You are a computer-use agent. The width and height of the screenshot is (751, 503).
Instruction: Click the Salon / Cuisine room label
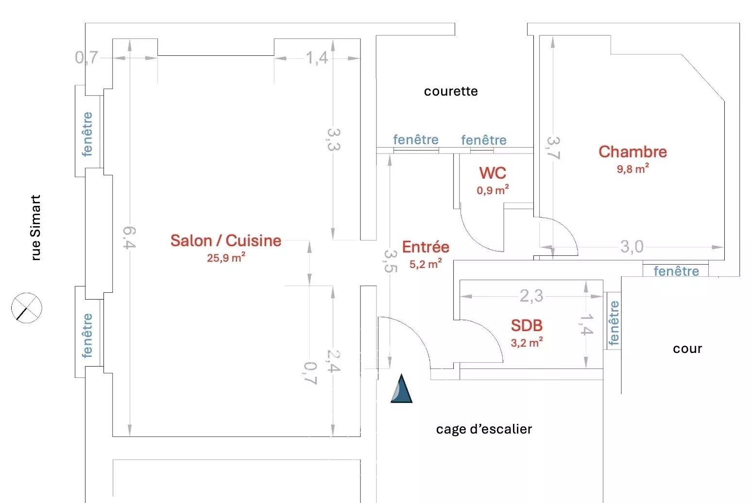click(226, 240)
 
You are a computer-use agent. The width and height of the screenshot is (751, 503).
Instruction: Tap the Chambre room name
click(632, 152)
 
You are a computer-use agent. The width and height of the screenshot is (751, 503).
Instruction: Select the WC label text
click(493, 173)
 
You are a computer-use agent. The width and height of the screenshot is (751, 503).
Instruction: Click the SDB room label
click(527, 325)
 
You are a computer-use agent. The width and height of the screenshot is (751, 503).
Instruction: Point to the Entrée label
click(426, 247)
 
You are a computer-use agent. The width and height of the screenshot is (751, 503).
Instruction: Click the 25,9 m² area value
click(226, 258)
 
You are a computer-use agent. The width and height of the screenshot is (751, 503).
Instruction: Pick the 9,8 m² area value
click(632, 169)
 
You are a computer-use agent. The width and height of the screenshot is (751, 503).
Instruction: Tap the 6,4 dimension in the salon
click(129, 237)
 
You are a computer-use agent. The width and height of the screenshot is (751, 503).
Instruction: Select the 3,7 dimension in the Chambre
click(553, 148)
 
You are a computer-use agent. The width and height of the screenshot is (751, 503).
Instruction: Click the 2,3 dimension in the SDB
click(531, 296)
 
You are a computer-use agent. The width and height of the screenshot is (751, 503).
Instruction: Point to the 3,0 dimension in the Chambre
click(632, 247)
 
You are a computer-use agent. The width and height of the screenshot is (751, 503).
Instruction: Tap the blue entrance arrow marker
click(401, 389)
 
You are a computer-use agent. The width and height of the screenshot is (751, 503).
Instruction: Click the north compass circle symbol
click(27, 308)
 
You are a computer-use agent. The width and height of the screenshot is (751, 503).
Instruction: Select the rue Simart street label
click(35, 228)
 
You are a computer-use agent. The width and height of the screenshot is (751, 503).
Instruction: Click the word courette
click(451, 91)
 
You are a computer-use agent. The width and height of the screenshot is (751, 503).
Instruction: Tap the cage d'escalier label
click(484, 429)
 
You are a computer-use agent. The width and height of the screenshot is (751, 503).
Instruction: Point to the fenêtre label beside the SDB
click(614, 323)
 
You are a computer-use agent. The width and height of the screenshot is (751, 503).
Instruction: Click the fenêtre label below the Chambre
click(676, 271)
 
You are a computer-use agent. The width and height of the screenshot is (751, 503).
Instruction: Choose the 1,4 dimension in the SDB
click(586, 324)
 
